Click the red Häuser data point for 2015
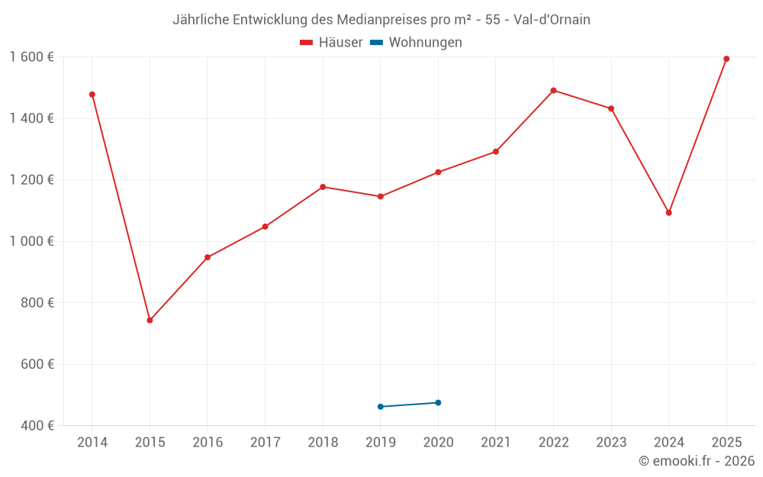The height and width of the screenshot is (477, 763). point(150,321)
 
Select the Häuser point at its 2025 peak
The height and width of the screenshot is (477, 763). point(726,59)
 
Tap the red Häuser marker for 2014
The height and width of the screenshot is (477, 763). point(92,95)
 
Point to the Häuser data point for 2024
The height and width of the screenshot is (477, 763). point(669,213)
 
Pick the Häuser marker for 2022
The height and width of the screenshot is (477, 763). point(553,90)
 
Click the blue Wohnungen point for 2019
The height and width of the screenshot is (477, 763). point(381,407)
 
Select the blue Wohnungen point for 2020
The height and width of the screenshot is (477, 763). point(438,403)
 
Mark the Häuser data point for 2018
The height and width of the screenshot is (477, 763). point(323,187)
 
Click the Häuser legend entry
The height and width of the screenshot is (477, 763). point(331,43)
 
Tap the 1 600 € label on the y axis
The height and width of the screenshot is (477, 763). point(31,57)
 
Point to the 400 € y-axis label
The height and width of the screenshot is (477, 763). point(36,426)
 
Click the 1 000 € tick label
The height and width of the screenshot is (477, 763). point(31,241)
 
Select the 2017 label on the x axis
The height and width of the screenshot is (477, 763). point(265,443)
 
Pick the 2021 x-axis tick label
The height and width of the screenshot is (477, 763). point(496,443)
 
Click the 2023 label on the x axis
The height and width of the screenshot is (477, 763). point(611,443)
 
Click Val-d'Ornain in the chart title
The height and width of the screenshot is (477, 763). point(552,20)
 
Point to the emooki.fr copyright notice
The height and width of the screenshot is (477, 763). point(697,461)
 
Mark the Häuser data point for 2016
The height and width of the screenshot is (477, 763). point(208,257)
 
